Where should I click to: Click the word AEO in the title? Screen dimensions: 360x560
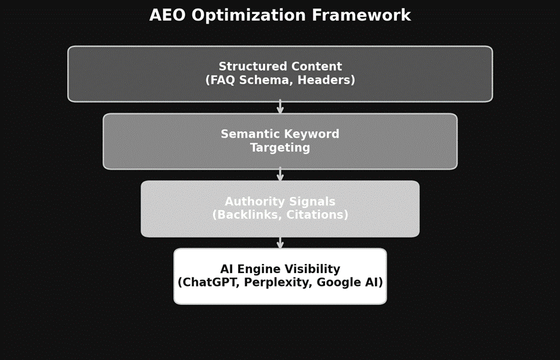click(168, 15)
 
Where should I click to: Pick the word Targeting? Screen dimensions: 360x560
click(280, 148)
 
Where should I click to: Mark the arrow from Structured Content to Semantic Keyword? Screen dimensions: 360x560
click(280, 107)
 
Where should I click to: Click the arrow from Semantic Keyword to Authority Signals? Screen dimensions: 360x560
click(280, 175)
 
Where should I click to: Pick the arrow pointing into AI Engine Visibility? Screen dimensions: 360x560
click(280, 243)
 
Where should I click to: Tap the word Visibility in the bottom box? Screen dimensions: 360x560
click(312, 269)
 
